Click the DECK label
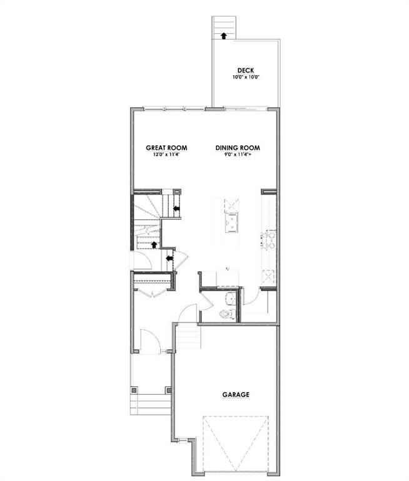click(245, 70)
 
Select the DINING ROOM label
click(238, 148)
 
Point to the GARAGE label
click(236, 395)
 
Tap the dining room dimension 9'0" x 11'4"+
click(238, 155)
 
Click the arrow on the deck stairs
click(223, 35)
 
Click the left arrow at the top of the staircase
click(176, 208)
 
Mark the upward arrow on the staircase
click(154, 244)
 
